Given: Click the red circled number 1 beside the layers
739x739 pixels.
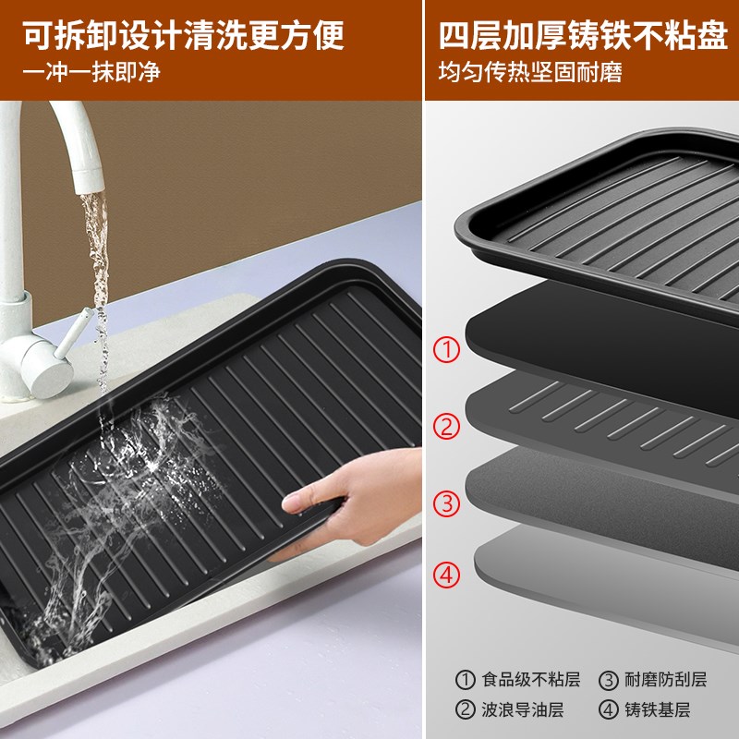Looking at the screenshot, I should (x=447, y=349).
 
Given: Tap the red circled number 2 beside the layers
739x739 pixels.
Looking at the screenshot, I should (x=447, y=427).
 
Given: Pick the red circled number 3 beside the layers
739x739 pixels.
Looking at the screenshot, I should (x=447, y=503).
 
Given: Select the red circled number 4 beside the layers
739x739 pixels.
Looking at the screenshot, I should (x=447, y=575).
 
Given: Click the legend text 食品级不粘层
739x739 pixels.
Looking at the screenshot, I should (x=531, y=681).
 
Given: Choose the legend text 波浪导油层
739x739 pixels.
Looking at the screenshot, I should (x=523, y=709).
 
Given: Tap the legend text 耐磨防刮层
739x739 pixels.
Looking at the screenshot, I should (x=665, y=681).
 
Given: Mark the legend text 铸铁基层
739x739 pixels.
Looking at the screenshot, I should (x=658, y=709).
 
